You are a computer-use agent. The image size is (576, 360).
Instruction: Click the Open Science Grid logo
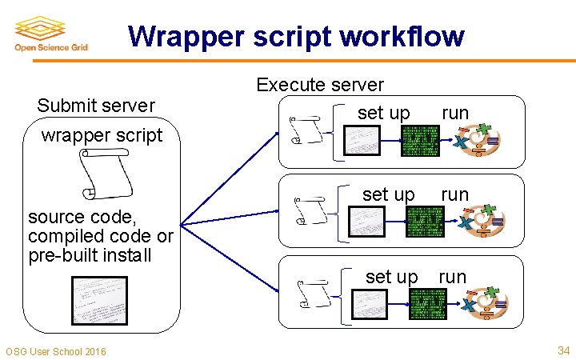pos(50,34)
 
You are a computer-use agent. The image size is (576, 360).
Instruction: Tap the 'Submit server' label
pos(96,106)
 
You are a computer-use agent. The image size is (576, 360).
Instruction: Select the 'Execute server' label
pos(320,85)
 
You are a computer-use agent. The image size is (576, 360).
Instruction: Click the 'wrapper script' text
pos(102,134)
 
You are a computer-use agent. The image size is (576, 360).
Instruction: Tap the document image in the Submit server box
pos(99,301)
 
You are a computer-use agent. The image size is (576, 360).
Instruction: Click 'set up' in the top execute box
pos(384,113)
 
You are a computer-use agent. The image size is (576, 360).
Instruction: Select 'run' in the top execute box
pos(455,113)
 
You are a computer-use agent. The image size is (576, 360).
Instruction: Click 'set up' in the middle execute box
pos(389,194)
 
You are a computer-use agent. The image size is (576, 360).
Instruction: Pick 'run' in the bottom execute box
pos(452,277)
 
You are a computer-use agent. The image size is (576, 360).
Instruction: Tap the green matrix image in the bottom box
pos(428,303)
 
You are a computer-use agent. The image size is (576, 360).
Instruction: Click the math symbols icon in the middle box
pos(481,222)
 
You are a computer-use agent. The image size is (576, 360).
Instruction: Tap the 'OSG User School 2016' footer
pos(55,351)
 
